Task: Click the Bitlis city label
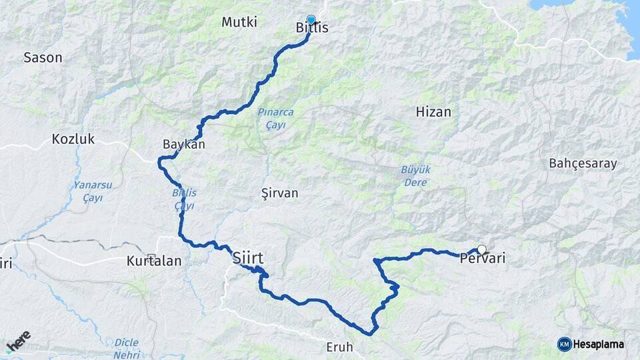pos(312,28)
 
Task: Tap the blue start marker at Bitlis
pos(311,20)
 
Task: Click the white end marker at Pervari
pos(482,249)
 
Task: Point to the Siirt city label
pos(248,257)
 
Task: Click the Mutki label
pos(239,22)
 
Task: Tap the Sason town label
pos(43,57)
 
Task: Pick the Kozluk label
pos(73,139)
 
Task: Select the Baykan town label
pos(183,144)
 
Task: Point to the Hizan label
pos(433,112)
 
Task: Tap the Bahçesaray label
pos(583,163)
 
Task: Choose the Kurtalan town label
pos(154,261)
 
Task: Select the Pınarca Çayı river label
pos(275,119)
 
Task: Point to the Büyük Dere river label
pos(415,175)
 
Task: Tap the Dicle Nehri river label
pos(126,348)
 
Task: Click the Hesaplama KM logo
pos(591,344)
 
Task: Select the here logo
pos(18,342)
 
